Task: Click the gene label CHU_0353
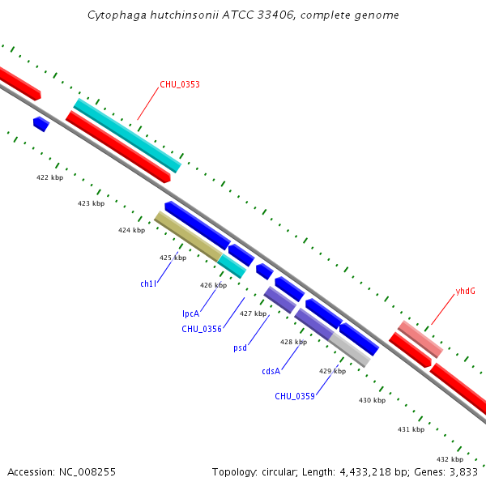click(x=179, y=84)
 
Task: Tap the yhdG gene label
click(x=465, y=290)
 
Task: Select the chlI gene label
click(x=147, y=284)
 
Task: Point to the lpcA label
click(x=190, y=313)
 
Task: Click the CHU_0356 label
click(x=202, y=329)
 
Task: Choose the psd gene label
click(x=240, y=348)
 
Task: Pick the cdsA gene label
click(x=271, y=371)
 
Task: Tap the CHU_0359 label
click(x=294, y=396)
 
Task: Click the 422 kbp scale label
click(x=49, y=177)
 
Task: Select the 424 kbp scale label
click(x=131, y=230)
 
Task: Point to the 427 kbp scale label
click(x=253, y=313)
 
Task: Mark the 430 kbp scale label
click(x=372, y=400)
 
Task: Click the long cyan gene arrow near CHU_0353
click(x=127, y=135)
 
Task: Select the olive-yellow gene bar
click(x=188, y=236)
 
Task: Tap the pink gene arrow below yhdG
click(x=420, y=339)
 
